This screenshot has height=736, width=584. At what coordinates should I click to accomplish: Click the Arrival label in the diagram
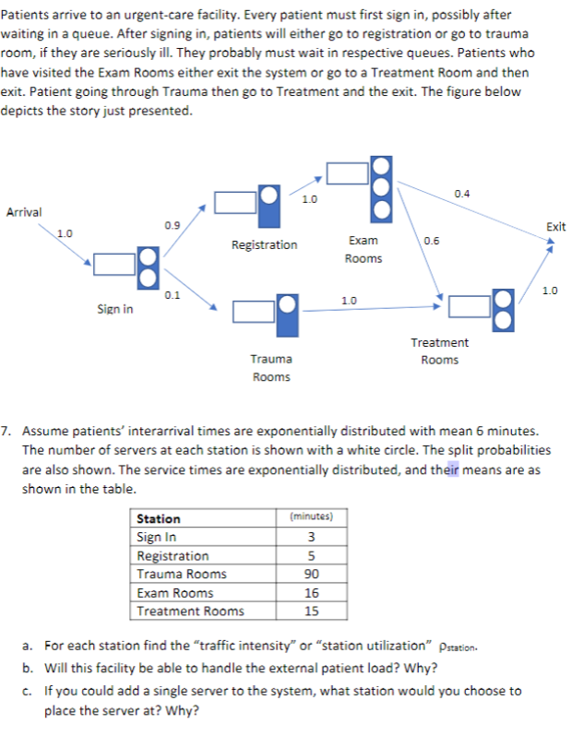(24, 212)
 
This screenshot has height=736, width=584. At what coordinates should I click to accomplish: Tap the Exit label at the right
(555, 227)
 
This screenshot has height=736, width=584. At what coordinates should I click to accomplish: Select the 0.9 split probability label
(172, 224)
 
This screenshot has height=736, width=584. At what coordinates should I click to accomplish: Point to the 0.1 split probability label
(172, 295)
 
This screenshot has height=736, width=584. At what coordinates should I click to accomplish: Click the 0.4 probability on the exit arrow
(462, 193)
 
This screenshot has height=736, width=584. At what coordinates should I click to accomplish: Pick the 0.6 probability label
(430, 242)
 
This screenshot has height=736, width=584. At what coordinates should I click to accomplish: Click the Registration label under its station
(265, 244)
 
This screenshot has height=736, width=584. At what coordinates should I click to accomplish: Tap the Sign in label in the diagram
(114, 309)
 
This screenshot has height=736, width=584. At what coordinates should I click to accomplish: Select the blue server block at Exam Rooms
(381, 187)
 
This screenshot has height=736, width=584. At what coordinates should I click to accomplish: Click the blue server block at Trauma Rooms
(288, 314)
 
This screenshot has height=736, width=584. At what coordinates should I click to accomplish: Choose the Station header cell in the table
(159, 519)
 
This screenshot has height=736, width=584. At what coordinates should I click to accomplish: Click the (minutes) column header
(311, 517)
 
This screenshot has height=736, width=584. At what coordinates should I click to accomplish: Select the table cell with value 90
(311, 574)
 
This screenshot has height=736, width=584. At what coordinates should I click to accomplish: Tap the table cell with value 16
(311, 592)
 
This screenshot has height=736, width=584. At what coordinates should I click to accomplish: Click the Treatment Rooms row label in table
(190, 611)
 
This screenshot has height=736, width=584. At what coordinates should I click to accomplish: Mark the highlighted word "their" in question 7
(447, 469)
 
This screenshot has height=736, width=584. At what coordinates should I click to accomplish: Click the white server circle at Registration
(268, 195)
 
